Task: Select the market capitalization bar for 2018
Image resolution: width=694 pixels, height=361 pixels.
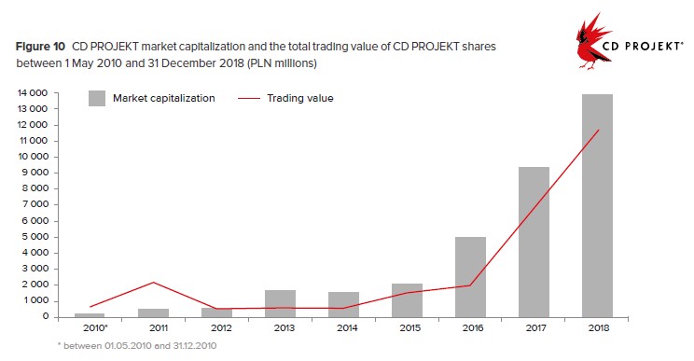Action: pyautogui.click(x=597, y=206)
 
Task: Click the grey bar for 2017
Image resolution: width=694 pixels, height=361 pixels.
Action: pyautogui.click(x=534, y=242)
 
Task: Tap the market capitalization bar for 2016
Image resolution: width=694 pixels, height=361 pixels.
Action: pyautogui.click(x=470, y=277)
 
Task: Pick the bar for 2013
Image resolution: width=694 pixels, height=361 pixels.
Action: pyautogui.click(x=280, y=303)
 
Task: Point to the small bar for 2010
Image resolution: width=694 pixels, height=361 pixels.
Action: pyautogui.click(x=90, y=315)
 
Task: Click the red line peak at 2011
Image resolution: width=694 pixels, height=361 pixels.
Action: pyautogui.click(x=153, y=283)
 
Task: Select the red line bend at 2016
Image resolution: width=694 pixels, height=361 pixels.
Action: pyautogui.click(x=469, y=285)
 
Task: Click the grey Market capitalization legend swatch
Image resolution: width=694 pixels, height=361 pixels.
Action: pyautogui.click(x=97, y=98)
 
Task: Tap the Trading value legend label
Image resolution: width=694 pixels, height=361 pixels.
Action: pyautogui.click(x=300, y=98)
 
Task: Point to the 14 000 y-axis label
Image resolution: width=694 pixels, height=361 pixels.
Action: pyautogui.click(x=33, y=93)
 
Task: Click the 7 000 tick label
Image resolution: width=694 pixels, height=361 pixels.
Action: pyautogui.click(x=35, y=204)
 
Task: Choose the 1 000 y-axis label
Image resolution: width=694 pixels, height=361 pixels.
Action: pyautogui.click(x=35, y=300)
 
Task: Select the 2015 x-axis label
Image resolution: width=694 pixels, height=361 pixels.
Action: pyautogui.click(x=410, y=328)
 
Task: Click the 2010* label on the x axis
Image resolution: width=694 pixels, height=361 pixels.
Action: pyautogui.click(x=95, y=328)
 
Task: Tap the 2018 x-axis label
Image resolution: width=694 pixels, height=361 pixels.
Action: pyautogui.click(x=599, y=328)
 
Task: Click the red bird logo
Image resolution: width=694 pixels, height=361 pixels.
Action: pyautogui.click(x=591, y=42)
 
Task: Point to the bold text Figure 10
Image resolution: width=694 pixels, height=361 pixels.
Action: pyautogui.click(x=41, y=47)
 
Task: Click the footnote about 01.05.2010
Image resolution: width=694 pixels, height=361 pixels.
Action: pyautogui.click(x=137, y=345)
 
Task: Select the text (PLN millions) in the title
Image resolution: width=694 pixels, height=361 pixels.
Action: pyautogui.click(x=282, y=63)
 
